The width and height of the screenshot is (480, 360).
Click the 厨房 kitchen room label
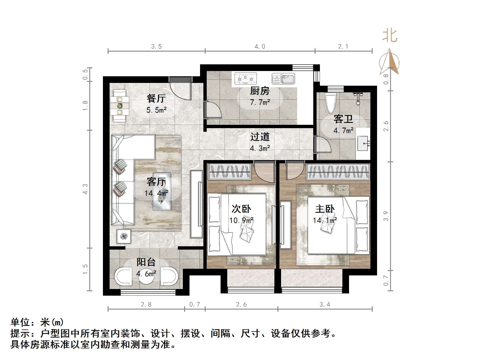click(x=260, y=91)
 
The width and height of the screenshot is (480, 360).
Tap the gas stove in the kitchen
click(x=246, y=78)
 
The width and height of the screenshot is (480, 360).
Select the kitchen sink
click(x=283, y=78)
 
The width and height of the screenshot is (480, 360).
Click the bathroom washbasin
click(x=363, y=143)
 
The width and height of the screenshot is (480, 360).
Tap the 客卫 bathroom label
click(x=343, y=119)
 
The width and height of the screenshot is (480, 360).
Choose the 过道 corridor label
click(x=260, y=137)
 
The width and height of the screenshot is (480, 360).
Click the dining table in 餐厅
click(x=120, y=106)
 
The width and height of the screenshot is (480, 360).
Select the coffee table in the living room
click(x=162, y=191)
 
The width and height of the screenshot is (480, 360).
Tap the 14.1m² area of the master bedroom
click(x=325, y=220)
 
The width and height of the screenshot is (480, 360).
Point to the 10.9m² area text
click(x=241, y=220)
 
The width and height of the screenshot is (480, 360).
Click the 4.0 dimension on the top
click(x=260, y=47)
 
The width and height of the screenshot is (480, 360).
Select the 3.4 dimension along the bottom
click(x=325, y=305)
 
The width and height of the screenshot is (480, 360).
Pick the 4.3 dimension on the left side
click(x=85, y=189)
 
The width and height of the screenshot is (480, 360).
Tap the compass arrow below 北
click(x=390, y=62)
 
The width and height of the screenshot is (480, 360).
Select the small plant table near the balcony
click(x=124, y=236)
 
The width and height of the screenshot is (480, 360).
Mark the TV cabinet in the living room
click(x=196, y=204)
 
